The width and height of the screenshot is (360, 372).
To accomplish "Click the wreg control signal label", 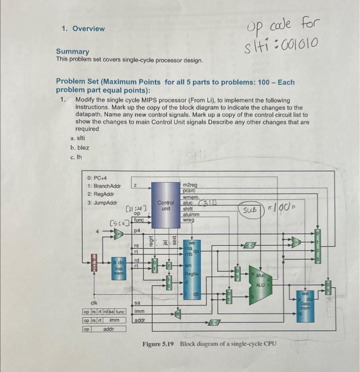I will [x=188, y=219].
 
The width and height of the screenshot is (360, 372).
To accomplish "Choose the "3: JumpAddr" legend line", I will [x=103, y=202].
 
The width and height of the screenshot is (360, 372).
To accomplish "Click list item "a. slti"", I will [x=78, y=138].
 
